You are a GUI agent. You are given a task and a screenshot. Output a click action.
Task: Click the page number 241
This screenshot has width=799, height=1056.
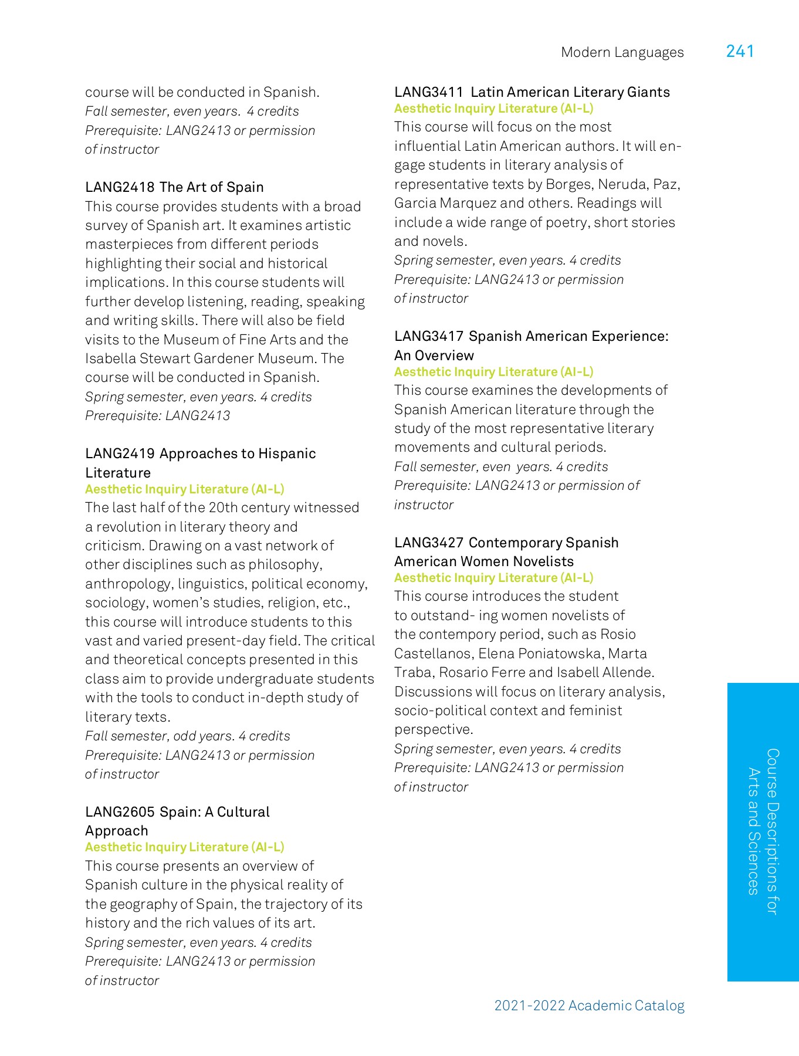tap(740, 52)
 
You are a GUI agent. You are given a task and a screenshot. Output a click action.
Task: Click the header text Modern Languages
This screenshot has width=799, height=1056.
tap(622, 53)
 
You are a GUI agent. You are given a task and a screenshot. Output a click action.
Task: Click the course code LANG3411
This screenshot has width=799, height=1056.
tap(429, 92)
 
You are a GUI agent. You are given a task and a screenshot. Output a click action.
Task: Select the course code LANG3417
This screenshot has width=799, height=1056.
tap(429, 336)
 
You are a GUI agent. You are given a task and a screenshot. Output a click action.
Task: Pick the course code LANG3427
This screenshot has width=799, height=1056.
tap(429, 543)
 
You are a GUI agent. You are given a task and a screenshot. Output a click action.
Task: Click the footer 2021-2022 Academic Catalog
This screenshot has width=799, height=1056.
tap(589, 1006)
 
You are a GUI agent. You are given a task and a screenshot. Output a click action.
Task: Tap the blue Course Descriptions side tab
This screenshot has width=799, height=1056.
tap(763, 831)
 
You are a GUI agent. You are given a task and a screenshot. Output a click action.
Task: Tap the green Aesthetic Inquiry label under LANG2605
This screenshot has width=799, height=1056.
tap(184, 847)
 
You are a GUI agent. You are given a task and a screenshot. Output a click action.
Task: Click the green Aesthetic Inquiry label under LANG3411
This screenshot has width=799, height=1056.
tap(493, 109)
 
